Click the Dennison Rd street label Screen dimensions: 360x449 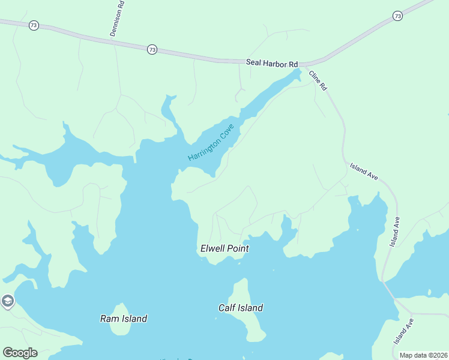click(118, 19)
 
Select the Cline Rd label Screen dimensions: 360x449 click(318, 80)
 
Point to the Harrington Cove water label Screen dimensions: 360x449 click(210, 142)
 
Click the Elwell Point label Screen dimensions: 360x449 click(224, 248)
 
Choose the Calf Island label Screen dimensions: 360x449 click(240, 308)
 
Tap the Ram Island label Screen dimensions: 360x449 click(124, 319)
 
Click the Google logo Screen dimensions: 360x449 click(20, 353)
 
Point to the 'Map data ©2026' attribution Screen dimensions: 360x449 click(424, 355)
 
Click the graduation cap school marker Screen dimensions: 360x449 click(7, 301)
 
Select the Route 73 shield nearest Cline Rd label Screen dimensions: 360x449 click(397, 16)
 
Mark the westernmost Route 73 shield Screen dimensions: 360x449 click(34, 26)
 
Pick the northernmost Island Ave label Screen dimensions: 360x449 click(364, 172)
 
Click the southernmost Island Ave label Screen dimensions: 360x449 click(404, 331)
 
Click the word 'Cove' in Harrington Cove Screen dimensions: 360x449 click(225, 132)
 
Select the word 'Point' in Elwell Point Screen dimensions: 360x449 click(237, 248)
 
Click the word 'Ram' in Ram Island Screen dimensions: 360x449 click(108, 319)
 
